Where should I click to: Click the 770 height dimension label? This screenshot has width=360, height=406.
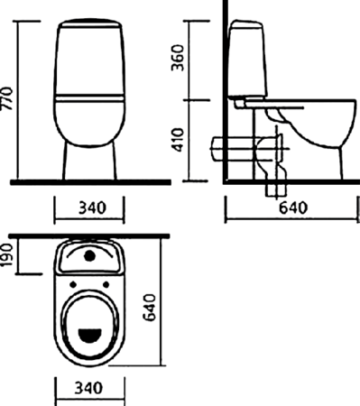tap(6, 98)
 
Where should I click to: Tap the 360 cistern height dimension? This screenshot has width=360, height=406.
tap(177, 58)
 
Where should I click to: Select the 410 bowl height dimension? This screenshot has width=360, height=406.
tap(178, 140)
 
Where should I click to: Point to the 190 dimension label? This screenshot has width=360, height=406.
tap(6, 255)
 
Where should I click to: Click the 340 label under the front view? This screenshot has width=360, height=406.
tap(92, 208)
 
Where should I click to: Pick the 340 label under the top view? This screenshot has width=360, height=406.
tap(88, 388)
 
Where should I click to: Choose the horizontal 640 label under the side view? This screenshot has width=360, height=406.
tap(293, 208)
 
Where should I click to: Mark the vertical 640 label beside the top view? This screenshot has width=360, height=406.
tap(150, 308)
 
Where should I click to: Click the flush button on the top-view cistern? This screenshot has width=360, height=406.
tap(89, 256)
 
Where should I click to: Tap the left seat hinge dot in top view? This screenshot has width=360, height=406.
tap(73, 284)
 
